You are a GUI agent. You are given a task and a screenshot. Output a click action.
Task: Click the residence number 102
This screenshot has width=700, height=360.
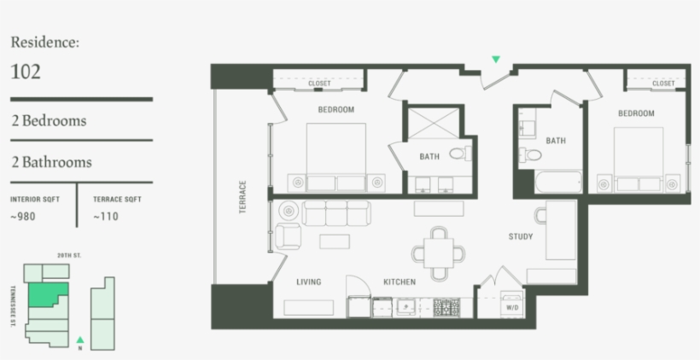click(26, 72)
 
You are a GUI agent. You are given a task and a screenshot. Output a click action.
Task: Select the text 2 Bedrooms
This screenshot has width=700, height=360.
click(49, 121)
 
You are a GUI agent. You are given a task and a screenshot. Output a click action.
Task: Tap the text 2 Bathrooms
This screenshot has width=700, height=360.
click(51, 162)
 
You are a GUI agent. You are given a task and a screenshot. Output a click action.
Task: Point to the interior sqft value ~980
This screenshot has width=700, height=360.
click(24, 217)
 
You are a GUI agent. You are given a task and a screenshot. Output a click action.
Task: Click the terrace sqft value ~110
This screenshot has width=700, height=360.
click(106, 217)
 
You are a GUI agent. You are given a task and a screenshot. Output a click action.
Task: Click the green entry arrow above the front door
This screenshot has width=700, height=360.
click(495, 60)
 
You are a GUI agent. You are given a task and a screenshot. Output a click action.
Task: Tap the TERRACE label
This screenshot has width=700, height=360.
click(242, 196)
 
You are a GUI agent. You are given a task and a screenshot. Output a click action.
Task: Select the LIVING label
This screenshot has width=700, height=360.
click(308, 282)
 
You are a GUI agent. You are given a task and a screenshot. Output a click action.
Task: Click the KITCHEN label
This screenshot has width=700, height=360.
click(399, 282)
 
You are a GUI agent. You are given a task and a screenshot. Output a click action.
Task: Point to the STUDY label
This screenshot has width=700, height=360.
click(521, 236)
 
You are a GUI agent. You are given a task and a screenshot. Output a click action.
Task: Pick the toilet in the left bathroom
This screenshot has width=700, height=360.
click(458, 154)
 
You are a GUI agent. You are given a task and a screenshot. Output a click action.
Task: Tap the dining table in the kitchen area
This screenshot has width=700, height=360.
click(440, 253)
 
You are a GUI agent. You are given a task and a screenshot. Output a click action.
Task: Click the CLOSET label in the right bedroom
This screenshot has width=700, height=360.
click(663, 84)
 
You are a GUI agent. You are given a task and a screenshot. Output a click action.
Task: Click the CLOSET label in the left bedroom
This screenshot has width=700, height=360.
click(319, 84)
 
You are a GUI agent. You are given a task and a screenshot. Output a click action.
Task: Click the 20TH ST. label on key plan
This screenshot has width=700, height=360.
click(68, 255)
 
